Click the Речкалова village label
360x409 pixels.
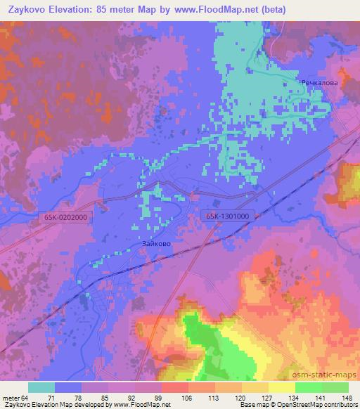click(319, 83)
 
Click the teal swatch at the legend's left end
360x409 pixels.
click(41, 387)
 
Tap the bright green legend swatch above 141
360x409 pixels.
click(309, 387)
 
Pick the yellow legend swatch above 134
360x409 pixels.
click(282, 387)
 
